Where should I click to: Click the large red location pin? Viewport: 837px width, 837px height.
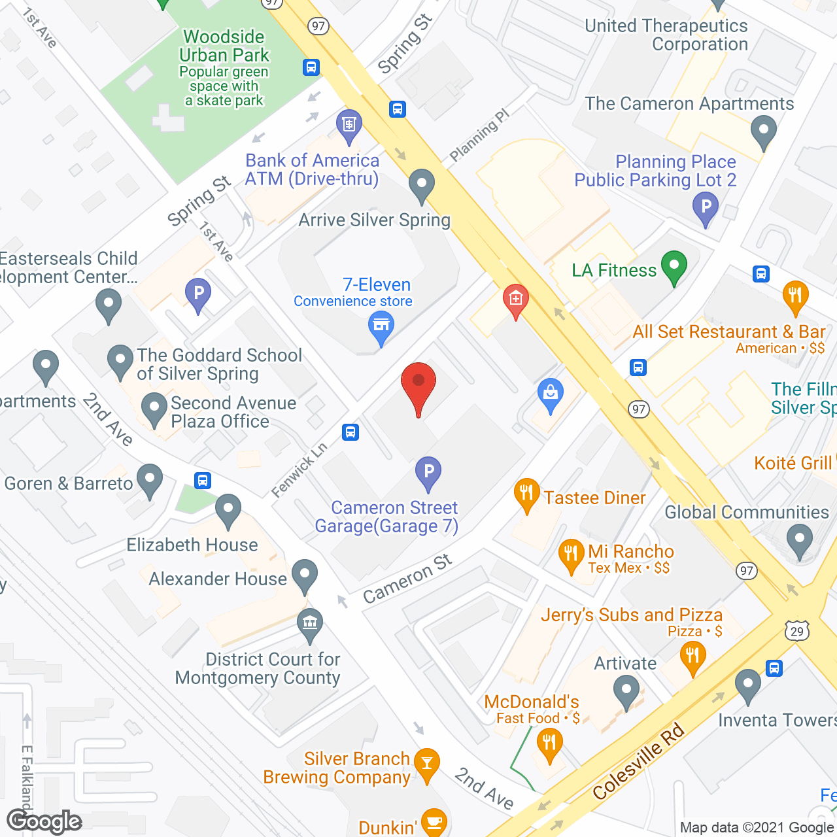[418, 383]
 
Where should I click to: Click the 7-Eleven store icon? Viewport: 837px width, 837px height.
[381, 325]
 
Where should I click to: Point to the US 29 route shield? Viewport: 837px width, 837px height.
[797, 631]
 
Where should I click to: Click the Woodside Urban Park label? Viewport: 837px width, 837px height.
[224, 46]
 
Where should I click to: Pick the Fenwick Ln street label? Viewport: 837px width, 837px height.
[299, 470]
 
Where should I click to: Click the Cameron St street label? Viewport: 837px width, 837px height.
[407, 579]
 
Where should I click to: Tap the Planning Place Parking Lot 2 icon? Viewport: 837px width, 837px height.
[706, 207]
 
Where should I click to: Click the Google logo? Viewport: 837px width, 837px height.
[44, 821]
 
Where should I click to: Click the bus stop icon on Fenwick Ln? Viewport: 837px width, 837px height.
[350, 432]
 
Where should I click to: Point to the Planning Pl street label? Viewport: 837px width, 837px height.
[479, 135]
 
